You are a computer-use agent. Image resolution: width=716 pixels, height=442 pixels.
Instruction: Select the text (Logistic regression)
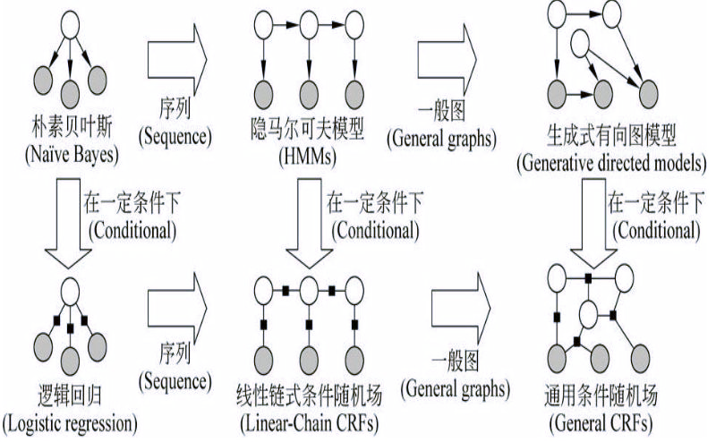(x=70, y=418)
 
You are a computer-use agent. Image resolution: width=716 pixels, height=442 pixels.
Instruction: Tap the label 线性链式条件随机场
(x=307, y=394)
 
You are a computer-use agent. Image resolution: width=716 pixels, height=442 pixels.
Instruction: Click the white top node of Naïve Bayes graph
(x=70, y=33)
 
